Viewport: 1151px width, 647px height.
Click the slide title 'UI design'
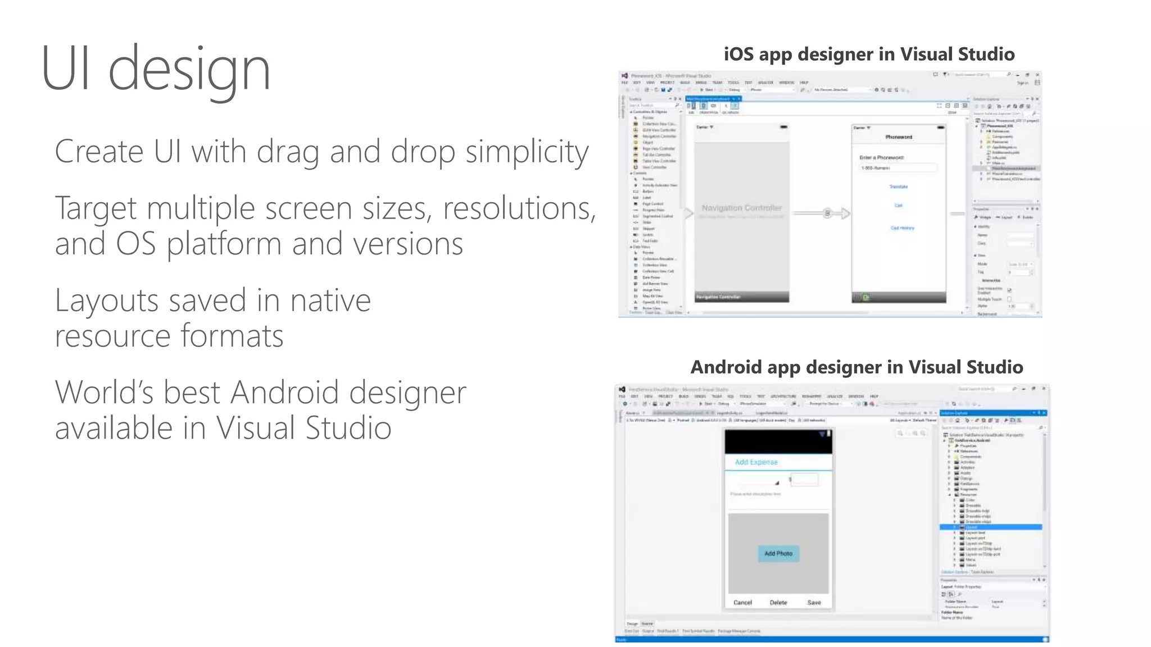point(156,69)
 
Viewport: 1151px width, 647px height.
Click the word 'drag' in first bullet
point(288,152)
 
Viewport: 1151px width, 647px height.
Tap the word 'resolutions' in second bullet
point(519,209)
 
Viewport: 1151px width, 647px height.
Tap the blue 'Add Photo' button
point(778,554)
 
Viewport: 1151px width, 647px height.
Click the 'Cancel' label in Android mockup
point(742,603)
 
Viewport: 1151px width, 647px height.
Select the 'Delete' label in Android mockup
point(778,603)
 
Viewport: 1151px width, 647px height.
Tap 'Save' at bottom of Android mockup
point(814,603)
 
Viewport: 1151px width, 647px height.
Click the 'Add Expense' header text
point(756,462)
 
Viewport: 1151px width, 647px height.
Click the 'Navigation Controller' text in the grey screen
point(741,208)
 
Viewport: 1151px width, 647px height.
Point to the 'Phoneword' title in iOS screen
point(899,137)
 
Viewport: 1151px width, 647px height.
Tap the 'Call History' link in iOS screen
point(902,228)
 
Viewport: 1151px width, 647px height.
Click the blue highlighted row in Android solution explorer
point(990,527)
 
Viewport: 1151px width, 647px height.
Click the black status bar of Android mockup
point(778,442)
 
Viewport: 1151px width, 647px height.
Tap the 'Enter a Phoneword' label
point(881,158)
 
